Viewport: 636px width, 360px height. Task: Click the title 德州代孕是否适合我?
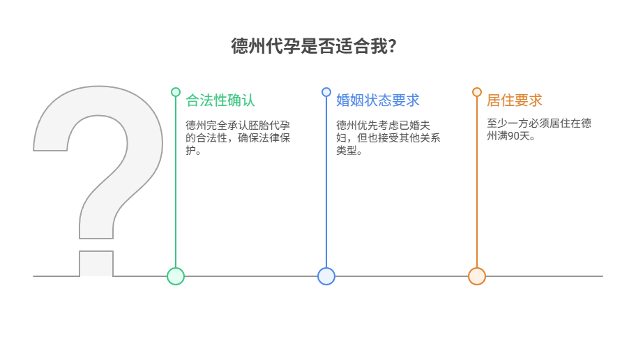314,46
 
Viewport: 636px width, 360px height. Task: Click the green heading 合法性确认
220,100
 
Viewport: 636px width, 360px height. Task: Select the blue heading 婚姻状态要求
378,100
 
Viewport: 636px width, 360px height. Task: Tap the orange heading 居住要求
515,100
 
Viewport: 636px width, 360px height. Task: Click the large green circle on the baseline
176,276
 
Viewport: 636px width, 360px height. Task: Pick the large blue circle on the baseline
326,276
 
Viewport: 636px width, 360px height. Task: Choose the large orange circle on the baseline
477,276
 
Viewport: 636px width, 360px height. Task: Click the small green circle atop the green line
176,92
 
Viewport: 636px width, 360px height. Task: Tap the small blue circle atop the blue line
326,92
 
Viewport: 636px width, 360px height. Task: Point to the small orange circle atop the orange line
477,92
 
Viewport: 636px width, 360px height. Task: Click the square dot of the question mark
96,264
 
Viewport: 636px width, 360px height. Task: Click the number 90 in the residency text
513,136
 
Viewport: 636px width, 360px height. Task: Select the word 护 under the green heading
190,150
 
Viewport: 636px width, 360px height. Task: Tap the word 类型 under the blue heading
347,150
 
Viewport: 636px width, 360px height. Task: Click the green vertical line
176,182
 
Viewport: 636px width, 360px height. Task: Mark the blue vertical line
326,182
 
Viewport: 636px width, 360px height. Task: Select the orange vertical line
477,182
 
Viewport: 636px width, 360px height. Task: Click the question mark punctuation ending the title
392,46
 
